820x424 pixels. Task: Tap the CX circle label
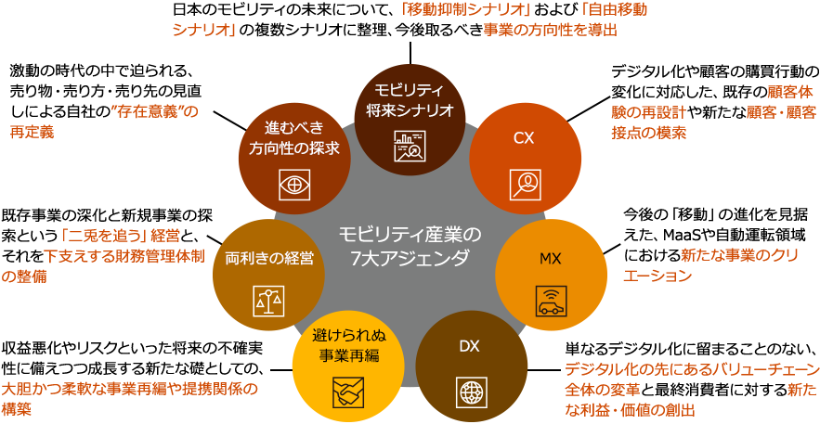(524, 137)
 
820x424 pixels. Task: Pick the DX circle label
(469, 346)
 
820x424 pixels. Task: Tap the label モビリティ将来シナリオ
(408, 99)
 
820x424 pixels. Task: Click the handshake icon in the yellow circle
(347, 394)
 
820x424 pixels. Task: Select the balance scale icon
(268, 300)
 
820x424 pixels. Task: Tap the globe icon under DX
(469, 392)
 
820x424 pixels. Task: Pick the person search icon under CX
(525, 183)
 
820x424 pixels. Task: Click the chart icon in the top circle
(409, 145)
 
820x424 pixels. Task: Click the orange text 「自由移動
(613, 10)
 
